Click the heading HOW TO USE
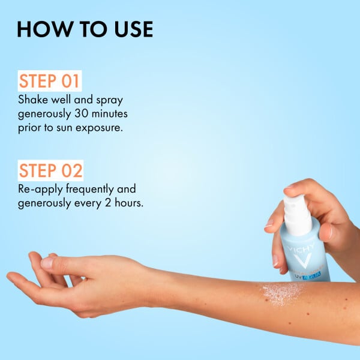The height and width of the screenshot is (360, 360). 85,29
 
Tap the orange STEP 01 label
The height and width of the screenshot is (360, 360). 50,82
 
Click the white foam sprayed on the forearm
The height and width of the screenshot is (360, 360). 282,293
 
